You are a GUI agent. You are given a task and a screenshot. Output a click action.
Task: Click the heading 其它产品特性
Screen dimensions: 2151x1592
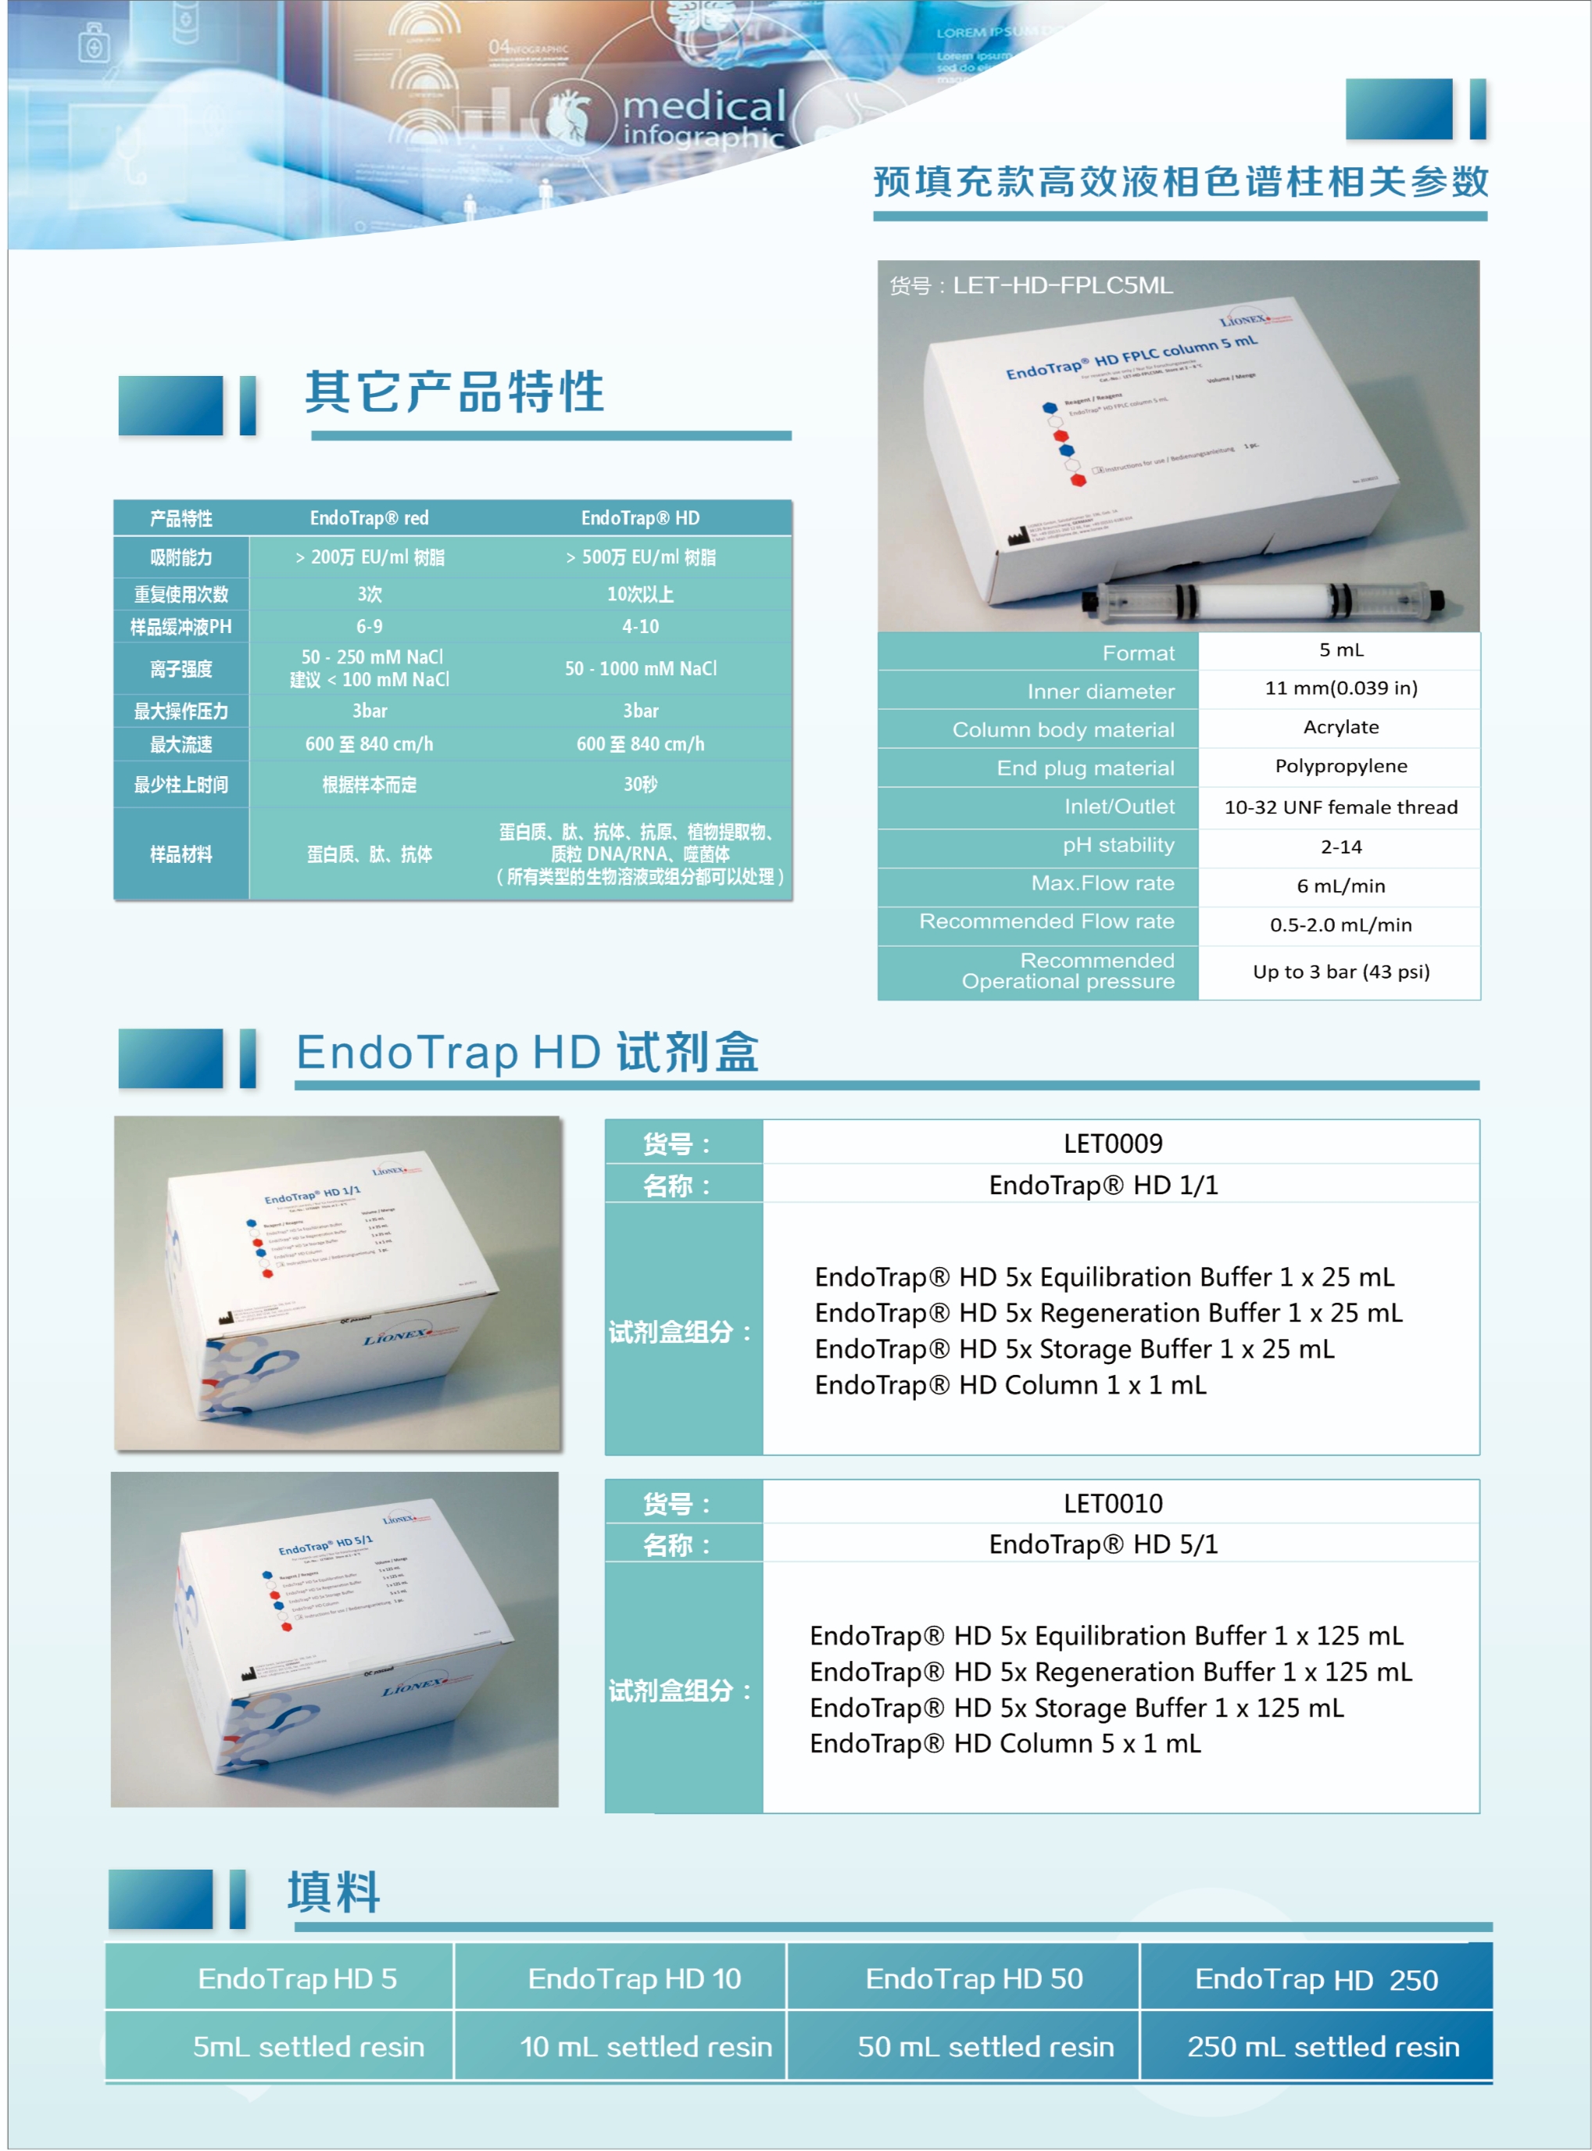(x=454, y=392)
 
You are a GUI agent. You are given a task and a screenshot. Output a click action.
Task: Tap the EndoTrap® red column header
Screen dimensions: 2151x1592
(x=369, y=518)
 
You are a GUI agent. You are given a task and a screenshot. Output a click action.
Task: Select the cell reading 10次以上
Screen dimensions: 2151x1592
(x=640, y=594)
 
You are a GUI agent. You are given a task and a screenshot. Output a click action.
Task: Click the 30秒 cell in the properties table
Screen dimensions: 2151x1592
(x=640, y=785)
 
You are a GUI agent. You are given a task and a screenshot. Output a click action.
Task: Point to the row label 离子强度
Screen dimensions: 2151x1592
(x=181, y=669)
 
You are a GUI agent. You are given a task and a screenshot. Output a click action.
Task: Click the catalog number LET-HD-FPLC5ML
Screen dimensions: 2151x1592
(x=1062, y=285)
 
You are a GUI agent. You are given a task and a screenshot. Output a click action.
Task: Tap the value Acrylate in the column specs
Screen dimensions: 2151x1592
(x=1340, y=728)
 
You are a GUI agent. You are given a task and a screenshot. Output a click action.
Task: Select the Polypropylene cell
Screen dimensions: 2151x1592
(x=1340, y=766)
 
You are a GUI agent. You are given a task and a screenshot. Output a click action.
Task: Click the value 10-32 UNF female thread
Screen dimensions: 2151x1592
(x=1340, y=807)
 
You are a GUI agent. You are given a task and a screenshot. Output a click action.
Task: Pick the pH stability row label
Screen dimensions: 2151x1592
(x=1118, y=845)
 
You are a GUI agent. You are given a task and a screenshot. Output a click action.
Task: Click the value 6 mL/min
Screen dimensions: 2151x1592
(x=1340, y=886)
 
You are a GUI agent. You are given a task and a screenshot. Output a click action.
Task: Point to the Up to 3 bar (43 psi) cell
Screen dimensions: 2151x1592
(x=1340, y=972)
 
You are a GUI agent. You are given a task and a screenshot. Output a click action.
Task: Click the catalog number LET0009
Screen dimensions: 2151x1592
(x=1113, y=1144)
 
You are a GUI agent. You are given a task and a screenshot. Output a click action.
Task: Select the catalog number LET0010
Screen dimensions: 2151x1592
(x=1113, y=1503)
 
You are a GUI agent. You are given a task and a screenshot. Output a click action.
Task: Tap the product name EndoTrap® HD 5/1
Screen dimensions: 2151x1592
(x=1104, y=1544)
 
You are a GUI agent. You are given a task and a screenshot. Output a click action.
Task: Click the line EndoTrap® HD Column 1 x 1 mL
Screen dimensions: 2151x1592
(x=1010, y=1385)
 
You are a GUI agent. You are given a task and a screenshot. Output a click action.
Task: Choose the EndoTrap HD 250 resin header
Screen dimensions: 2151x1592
(x=1315, y=1980)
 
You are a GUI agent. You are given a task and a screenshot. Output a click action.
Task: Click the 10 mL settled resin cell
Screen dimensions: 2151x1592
(x=646, y=2047)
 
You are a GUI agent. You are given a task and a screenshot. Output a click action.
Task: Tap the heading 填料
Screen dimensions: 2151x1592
(x=334, y=1892)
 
